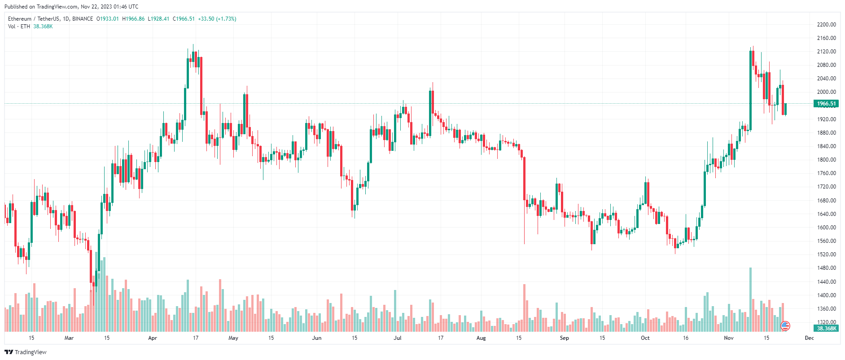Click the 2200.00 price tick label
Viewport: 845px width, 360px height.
pos(826,25)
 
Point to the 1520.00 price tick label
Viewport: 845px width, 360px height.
pos(826,255)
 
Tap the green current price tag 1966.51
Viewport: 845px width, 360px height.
pos(826,104)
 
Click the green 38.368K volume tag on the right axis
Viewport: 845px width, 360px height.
pos(826,329)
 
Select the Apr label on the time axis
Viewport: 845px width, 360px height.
pos(153,338)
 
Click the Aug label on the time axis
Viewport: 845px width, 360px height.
pos(481,338)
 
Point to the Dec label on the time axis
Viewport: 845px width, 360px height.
pos(809,338)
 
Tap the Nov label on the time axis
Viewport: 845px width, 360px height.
pos(729,338)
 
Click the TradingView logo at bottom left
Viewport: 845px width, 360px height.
pos(26,352)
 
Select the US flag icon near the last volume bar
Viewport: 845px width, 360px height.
pos(785,326)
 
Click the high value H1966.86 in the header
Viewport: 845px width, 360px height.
pos(133,19)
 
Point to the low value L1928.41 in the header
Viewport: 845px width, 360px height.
pos(158,19)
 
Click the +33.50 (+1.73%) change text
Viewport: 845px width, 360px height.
pos(217,19)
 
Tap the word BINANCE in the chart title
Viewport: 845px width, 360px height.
pos(83,19)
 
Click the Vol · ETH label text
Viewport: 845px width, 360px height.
pos(19,26)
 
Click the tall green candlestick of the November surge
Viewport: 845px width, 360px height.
pos(750,90)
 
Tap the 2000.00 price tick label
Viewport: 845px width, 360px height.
pos(826,92)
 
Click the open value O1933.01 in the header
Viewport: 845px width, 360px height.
pos(108,19)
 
